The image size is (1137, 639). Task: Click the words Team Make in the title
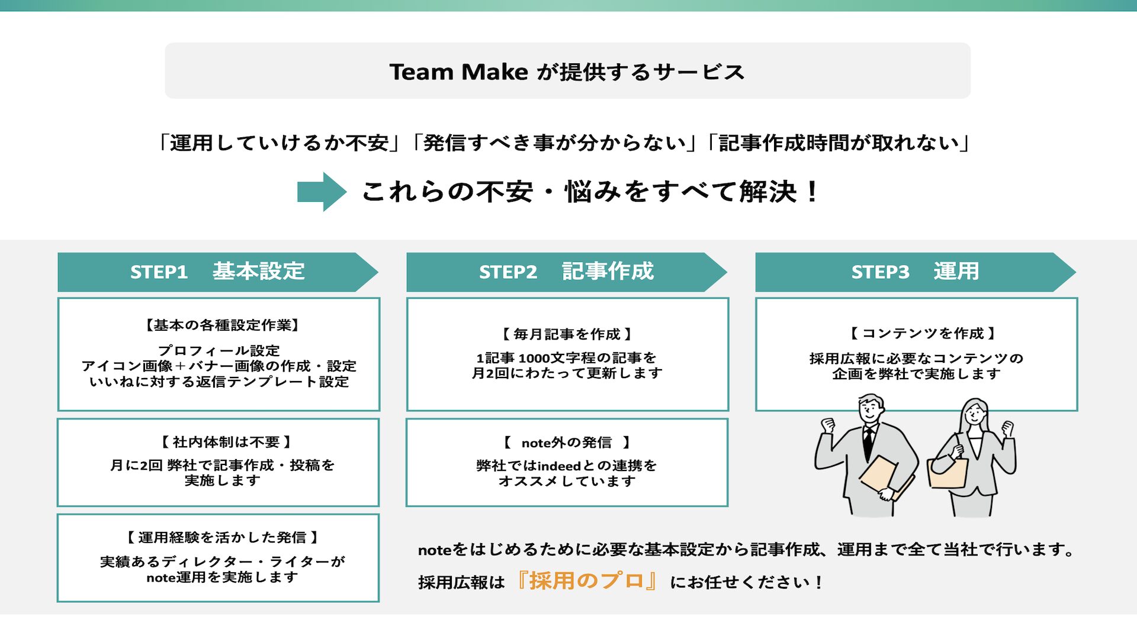tap(458, 72)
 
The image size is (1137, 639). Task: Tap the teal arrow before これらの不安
tap(321, 191)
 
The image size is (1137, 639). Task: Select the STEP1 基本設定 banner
tap(217, 272)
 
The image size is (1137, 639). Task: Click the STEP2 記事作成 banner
tap(566, 272)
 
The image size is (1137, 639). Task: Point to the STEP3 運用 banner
tap(914, 272)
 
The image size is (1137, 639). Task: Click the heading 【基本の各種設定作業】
tap(222, 325)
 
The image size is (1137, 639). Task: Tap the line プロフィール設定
tap(219, 350)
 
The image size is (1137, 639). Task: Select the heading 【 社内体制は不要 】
tap(226, 442)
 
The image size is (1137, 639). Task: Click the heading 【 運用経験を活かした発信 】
tap(222, 537)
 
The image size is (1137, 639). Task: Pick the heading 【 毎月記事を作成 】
tap(567, 334)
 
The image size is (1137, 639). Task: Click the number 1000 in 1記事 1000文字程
tap(534, 358)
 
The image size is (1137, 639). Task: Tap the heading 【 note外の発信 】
tap(567, 443)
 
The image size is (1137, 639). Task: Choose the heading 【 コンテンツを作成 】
tap(923, 333)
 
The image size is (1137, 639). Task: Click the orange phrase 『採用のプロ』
tap(586, 581)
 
